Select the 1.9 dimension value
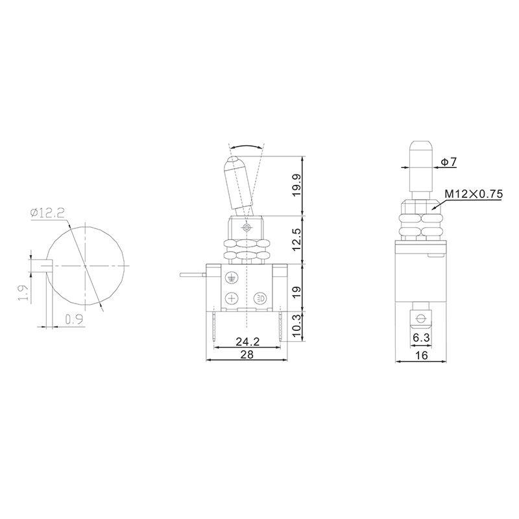click(22, 293)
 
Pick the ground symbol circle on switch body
click(231, 277)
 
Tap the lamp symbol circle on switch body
click(260, 298)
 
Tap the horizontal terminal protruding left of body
click(193, 277)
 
